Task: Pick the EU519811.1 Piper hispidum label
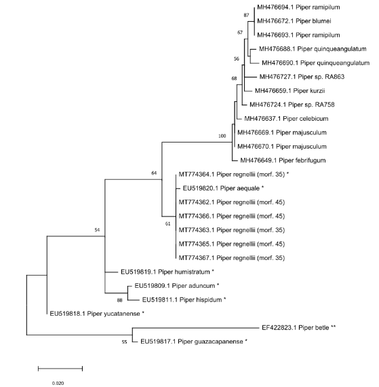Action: click(x=183, y=299)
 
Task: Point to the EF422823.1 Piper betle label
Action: click(x=300, y=328)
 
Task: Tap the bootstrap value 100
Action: click(x=222, y=136)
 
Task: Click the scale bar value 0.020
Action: click(x=60, y=382)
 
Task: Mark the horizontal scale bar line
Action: click(x=60, y=369)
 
